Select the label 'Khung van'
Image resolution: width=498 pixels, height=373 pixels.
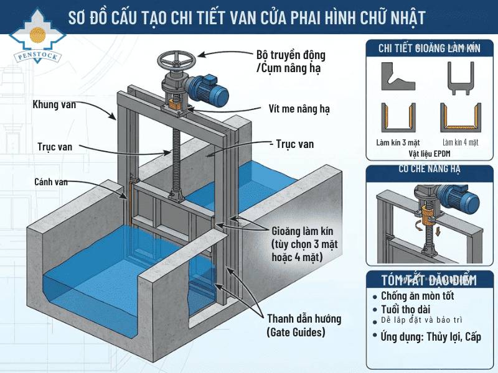point(54,104)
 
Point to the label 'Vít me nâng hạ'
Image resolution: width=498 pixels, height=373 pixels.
point(299,108)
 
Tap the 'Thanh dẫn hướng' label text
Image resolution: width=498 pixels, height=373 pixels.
point(304,319)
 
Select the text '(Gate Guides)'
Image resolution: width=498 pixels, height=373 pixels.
point(296,333)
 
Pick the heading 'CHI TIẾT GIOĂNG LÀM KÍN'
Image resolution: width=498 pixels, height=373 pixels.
point(430,48)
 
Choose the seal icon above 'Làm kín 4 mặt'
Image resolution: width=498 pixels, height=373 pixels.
point(461,116)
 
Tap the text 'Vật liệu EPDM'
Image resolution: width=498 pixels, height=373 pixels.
point(430,152)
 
